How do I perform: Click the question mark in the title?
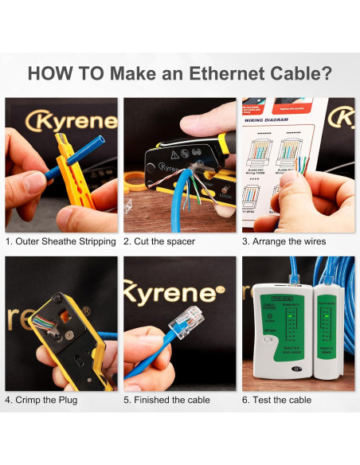(325, 73)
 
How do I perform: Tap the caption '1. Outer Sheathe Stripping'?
(61, 241)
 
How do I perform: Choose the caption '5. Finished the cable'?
(167, 400)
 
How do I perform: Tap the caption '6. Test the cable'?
(276, 400)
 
